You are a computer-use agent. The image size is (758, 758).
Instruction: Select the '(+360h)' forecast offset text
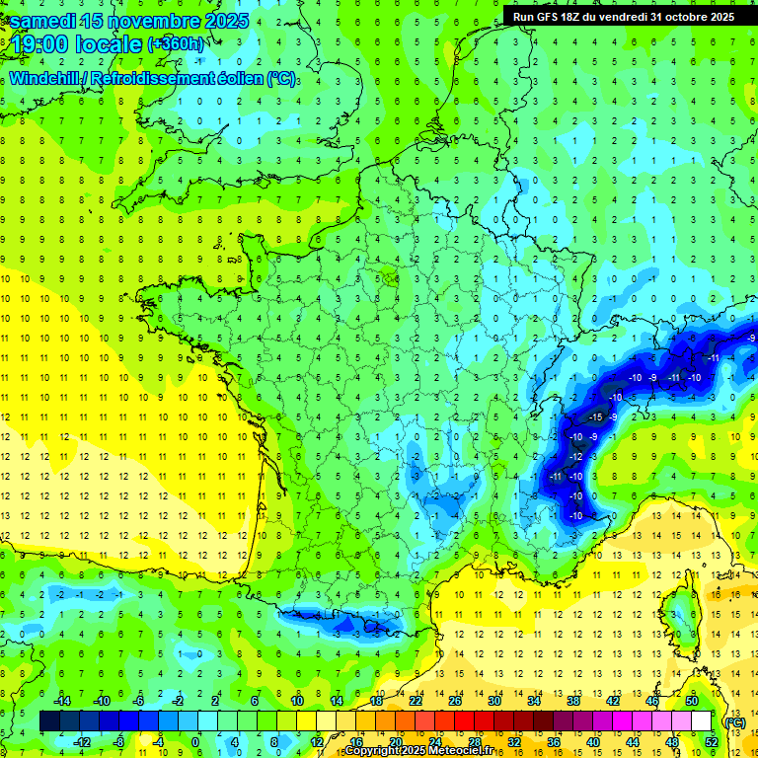coord(175,44)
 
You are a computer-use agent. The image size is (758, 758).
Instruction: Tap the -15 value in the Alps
coord(594,417)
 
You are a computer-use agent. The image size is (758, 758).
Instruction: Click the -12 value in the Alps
coord(575,457)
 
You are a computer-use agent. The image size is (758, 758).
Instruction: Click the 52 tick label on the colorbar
coord(711,741)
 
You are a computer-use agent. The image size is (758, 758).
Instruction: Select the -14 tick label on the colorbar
coord(62,701)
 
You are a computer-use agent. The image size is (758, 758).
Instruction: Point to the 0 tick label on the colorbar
coord(196,741)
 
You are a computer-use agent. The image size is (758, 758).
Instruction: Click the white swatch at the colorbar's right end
coord(701,721)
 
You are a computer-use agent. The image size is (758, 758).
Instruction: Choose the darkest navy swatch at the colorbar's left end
coord(50,721)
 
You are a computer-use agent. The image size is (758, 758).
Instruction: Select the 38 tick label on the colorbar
coord(573,701)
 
